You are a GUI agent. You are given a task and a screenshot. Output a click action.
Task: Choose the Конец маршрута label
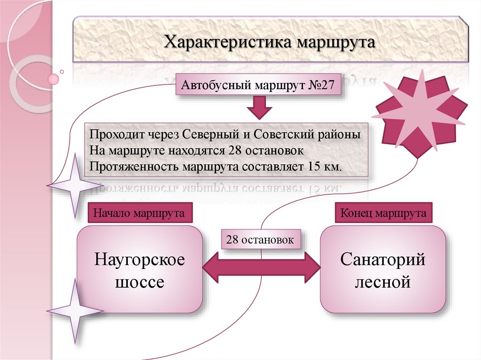click(x=383, y=214)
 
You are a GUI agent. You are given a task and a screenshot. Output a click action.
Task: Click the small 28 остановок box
click(x=260, y=240)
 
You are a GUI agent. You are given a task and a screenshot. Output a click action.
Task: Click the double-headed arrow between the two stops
click(x=261, y=268)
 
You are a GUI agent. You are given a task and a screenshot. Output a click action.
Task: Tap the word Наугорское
click(x=140, y=260)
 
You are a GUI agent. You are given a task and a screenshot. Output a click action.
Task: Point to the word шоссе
click(x=140, y=283)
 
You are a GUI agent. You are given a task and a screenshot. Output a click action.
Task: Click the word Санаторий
click(x=383, y=260)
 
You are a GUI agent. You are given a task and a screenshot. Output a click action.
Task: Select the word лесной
click(x=383, y=283)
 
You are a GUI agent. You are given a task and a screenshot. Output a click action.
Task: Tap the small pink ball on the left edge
click(x=54, y=78)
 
